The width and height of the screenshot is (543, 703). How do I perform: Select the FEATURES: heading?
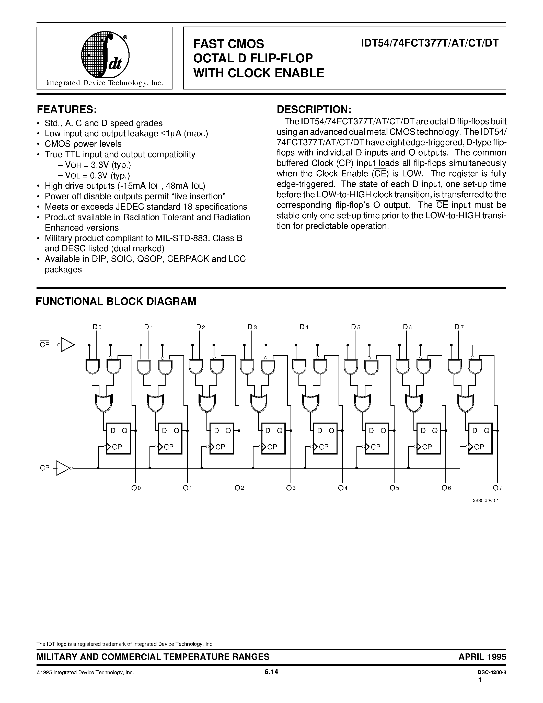[x=67, y=109]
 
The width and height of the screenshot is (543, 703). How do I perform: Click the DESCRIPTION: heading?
[x=314, y=109]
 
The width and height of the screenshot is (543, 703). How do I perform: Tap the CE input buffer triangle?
[x=67, y=345]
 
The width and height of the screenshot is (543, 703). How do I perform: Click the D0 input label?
[x=97, y=327]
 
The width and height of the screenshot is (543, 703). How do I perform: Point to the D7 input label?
[x=459, y=327]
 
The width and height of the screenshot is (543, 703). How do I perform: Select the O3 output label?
[x=291, y=488]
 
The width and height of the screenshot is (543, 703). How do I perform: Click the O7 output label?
[x=497, y=488]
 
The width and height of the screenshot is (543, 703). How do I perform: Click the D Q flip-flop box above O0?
[x=118, y=438]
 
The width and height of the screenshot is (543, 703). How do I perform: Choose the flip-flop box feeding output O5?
[x=377, y=438]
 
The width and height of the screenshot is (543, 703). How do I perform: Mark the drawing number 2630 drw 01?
[x=486, y=501]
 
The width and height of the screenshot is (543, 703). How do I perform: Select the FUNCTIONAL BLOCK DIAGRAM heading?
[x=116, y=301]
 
